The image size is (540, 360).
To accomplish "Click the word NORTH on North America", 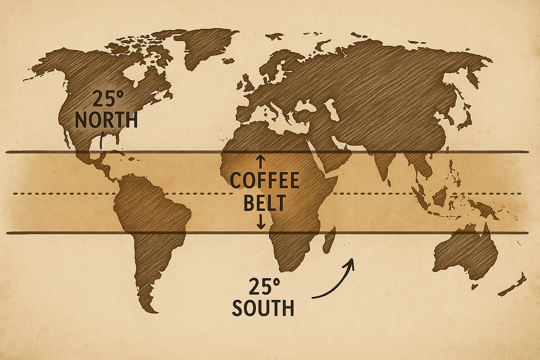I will click(106, 120).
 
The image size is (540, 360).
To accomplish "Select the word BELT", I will click(265, 203).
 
